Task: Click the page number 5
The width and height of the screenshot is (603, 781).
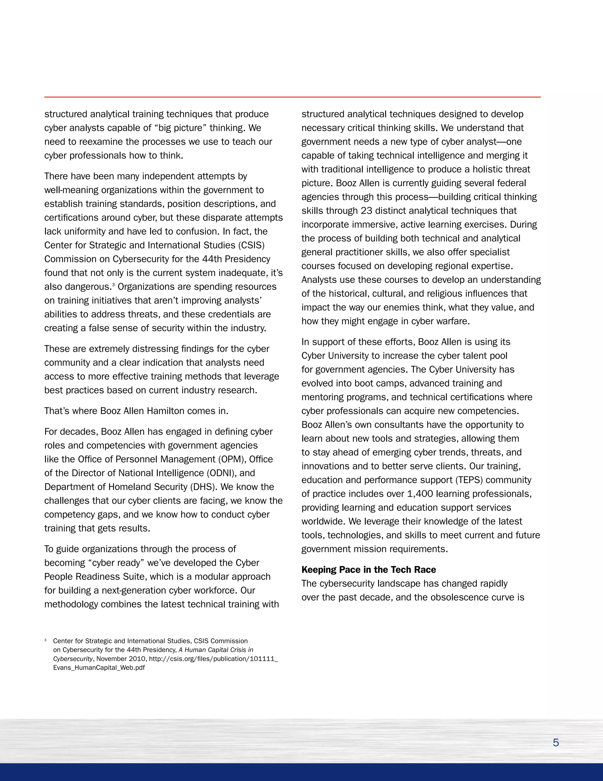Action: click(556, 743)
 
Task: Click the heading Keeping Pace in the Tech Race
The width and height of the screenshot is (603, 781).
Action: click(369, 570)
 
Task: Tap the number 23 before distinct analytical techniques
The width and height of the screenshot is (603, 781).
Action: click(366, 211)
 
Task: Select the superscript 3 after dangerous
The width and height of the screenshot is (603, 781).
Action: click(113, 285)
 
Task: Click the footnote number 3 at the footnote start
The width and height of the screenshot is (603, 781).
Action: click(45, 640)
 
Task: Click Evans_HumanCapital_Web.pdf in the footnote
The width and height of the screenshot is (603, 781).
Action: click(99, 668)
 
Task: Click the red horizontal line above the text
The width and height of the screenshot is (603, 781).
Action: click(292, 97)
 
